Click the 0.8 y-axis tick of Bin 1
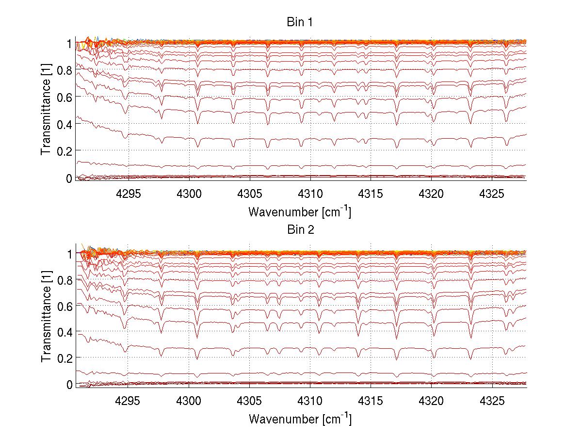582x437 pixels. point(65,70)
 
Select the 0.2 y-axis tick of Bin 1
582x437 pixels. point(65,151)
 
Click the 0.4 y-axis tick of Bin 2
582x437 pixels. point(65,333)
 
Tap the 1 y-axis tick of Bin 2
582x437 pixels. point(69,254)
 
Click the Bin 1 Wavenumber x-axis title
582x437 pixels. point(300,212)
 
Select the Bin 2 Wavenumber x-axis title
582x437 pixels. point(300,419)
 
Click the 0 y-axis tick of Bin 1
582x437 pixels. point(69,178)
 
